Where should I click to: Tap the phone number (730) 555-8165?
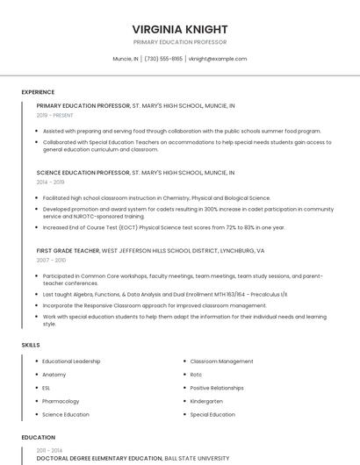pos(163,59)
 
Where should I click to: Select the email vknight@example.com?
pos(218,59)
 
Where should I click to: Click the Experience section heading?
pos(38,92)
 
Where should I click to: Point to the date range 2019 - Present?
pos(55,115)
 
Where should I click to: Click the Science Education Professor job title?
pos(83,173)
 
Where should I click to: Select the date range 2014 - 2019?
pos(51,182)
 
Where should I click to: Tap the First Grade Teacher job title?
pos(68,250)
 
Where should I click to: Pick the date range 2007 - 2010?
pos(51,261)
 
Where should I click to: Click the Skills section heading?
pos(31,345)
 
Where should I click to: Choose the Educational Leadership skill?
pos(71,361)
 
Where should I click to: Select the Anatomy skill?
pos(54,375)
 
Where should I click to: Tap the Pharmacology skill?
pos(61,401)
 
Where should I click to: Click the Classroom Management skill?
pos(221,361)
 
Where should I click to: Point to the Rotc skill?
pos(196,375)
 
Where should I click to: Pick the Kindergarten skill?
pos(206,401)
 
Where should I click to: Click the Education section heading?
pos(38,437)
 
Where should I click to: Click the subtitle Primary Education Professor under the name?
pos(179,42)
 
